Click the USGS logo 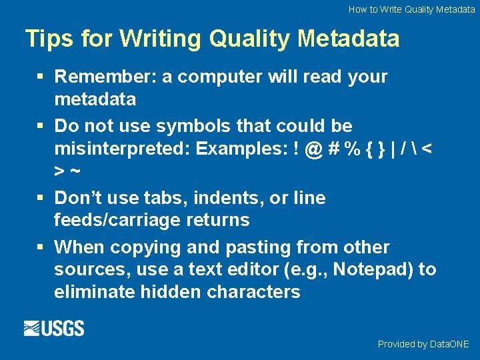click(54, 328)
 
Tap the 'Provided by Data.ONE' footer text click(423, 344)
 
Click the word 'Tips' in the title click(49, 39)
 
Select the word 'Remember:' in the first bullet click(105, 77)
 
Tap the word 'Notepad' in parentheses click(373, 269)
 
